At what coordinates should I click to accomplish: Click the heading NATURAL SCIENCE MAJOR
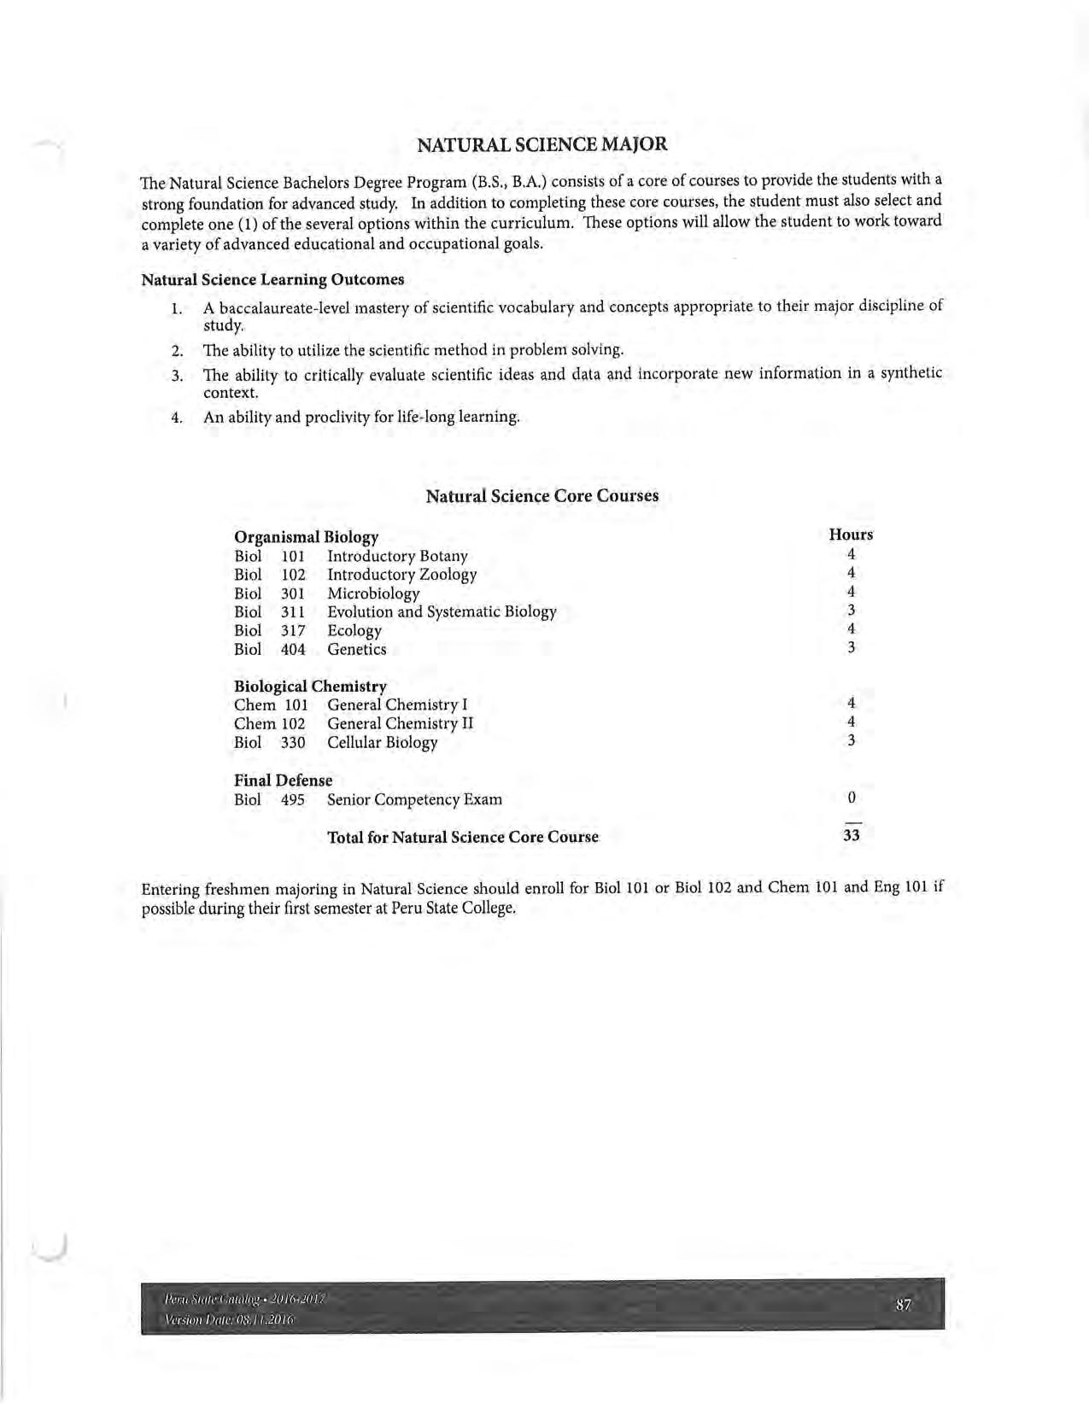tap(542, 144)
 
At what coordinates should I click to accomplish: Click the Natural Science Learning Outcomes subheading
tap(272, 279)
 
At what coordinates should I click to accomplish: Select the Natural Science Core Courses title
tap(542, 496)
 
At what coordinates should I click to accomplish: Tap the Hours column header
tap(851, 535)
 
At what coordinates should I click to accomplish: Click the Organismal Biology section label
tap(306, 537)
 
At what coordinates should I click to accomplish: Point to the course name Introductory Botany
tap(397, 556)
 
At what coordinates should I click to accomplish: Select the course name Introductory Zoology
tap(401, 575)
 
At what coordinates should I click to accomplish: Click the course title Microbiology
tap(373, 593)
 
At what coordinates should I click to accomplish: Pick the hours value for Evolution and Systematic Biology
tap(852, 610)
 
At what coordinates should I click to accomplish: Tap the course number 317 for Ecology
tap(293, 630)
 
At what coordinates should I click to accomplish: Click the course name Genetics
tap(356, 649)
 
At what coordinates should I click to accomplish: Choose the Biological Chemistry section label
tap(310, 687)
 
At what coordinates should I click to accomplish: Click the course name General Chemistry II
tap(400, 723)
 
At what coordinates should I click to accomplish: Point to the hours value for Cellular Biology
tap(852, 740)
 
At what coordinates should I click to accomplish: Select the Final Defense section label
tap(283, 781)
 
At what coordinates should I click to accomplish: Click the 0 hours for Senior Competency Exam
tap(852, 798)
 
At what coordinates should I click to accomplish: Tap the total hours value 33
tap(852, 835)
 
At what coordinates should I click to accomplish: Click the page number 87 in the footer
tap(904, 1305)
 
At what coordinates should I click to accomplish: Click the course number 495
tap(293, 799)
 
